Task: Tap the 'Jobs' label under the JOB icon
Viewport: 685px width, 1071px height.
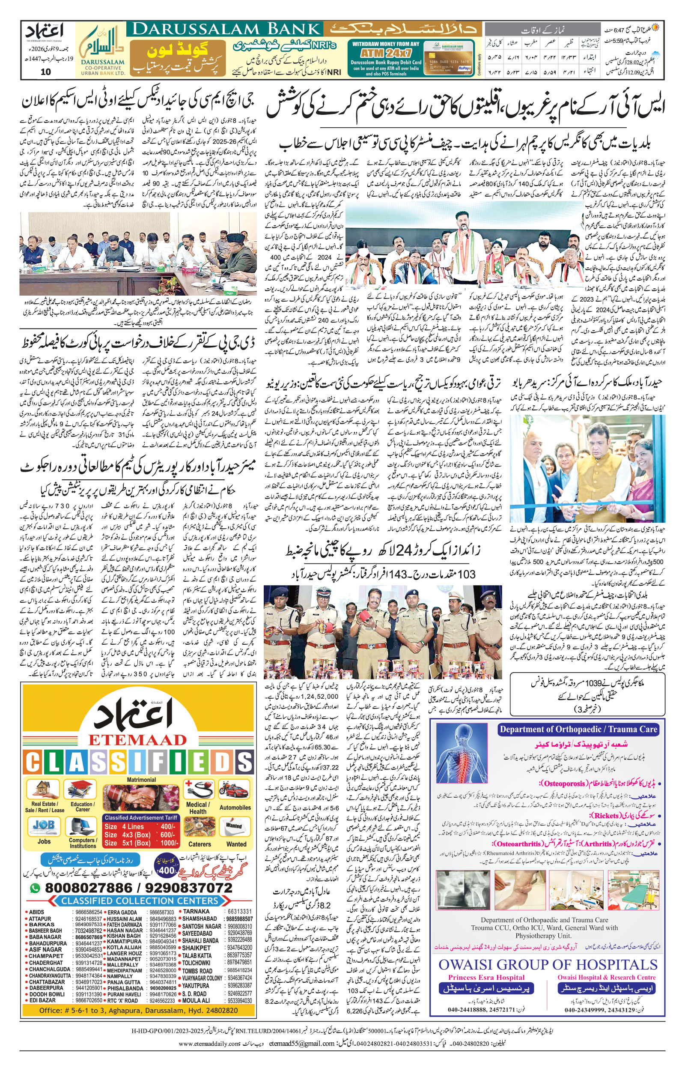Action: pyautogui.click(x=44, y=841)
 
